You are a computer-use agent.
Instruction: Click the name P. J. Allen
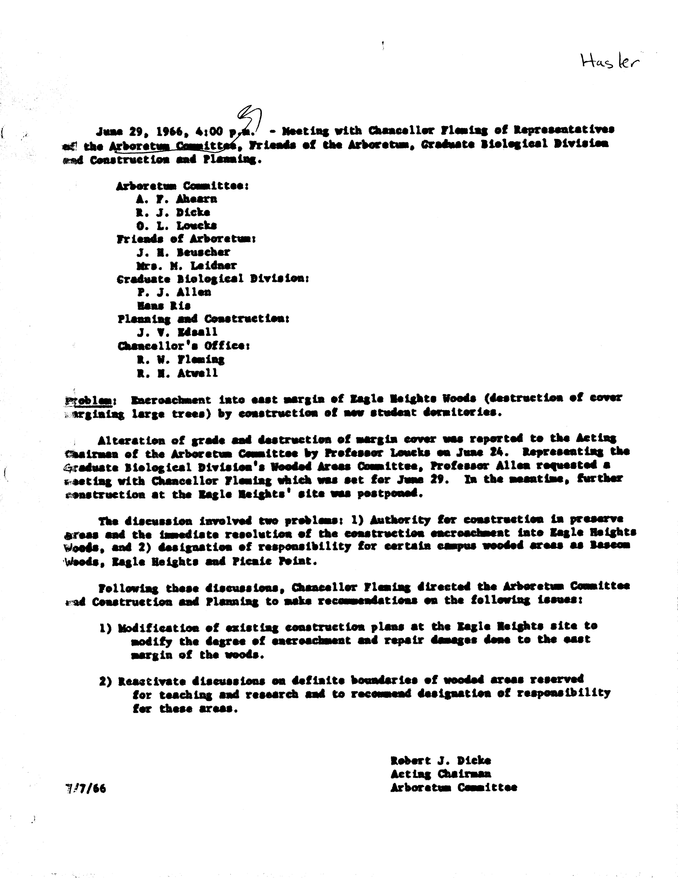pyautogui.click(x=174, y=292)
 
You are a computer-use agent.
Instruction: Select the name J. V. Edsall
pyautogui.click(x=177, y=332)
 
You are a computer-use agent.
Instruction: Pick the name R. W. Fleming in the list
pyautogui.click(x=181, y=359)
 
